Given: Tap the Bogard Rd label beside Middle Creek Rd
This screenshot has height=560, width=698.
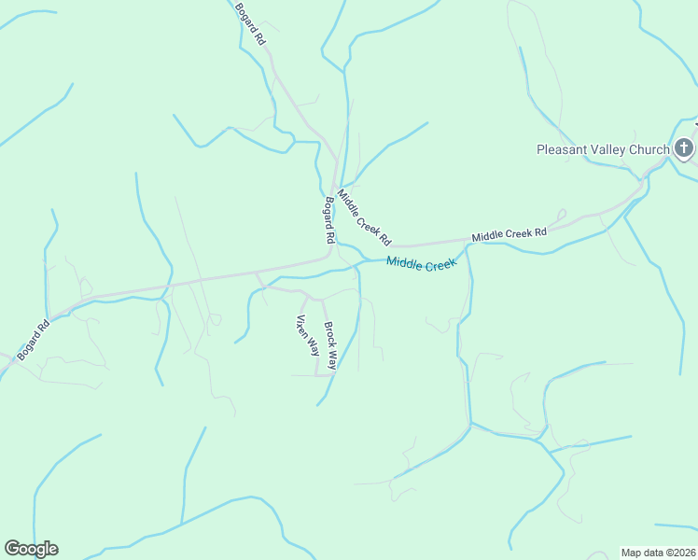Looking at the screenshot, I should (x=328, y=220).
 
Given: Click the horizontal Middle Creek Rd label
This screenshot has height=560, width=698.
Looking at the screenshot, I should (x=509, y=234).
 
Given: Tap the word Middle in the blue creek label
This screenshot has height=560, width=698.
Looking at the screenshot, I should (x=404, y=263).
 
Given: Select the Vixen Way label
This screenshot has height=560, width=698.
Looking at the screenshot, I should (x=308, y=336).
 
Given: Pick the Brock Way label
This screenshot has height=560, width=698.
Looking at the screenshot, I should (x=329, y=345).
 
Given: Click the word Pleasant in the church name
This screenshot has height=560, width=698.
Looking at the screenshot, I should (x=563, y=149).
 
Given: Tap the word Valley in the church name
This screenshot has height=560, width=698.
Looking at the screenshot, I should (x=609, y=149).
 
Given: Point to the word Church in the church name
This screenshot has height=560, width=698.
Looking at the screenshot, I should (x=649, y=149).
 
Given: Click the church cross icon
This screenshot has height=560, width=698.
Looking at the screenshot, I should (x=684, y=148).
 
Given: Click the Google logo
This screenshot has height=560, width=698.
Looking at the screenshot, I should (x=31, y=549).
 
